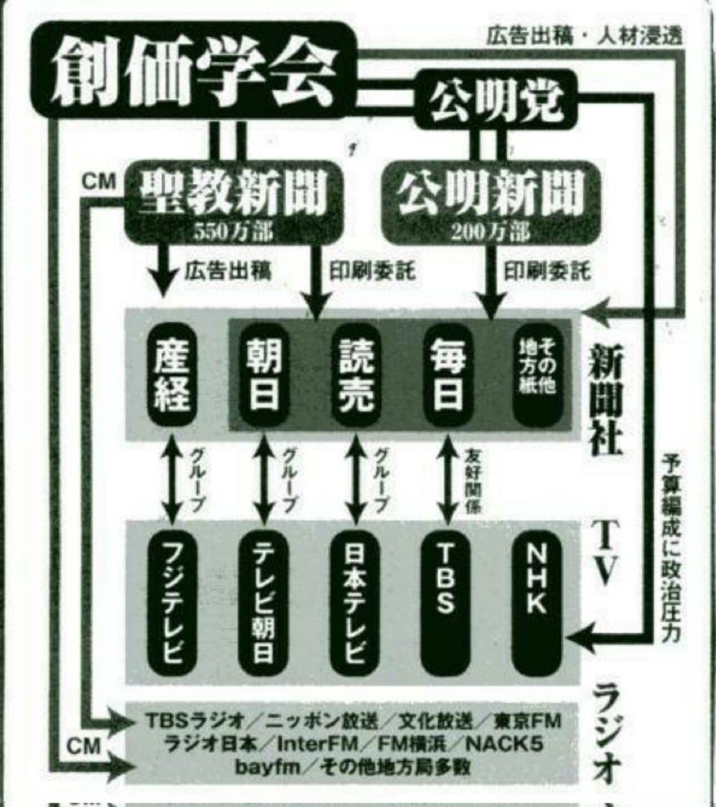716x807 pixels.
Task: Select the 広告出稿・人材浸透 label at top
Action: point(583,35)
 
